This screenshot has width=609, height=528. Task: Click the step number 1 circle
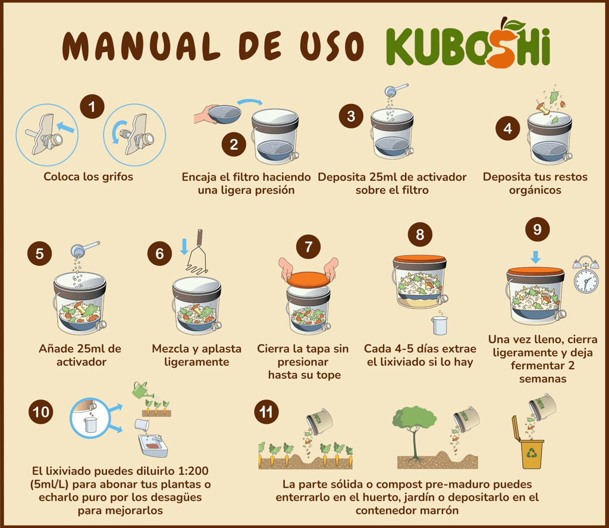point(92,106)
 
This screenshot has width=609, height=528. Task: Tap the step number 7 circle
point(309,247)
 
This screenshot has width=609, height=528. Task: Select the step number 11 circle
point(266,412)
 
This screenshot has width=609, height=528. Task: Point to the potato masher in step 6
point(197,252)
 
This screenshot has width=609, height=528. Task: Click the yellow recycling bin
point(529,442)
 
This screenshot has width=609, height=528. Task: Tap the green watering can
point(140,389)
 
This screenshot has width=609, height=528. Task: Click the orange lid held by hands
point(309,279)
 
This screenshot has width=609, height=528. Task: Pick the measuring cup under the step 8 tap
point(440,325)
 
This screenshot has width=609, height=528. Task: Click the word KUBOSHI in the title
point(468,43)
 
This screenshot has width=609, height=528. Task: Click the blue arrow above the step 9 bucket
point(536,257)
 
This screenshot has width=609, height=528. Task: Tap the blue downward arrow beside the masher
point(184,247)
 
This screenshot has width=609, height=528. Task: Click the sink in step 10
point(153,446)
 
